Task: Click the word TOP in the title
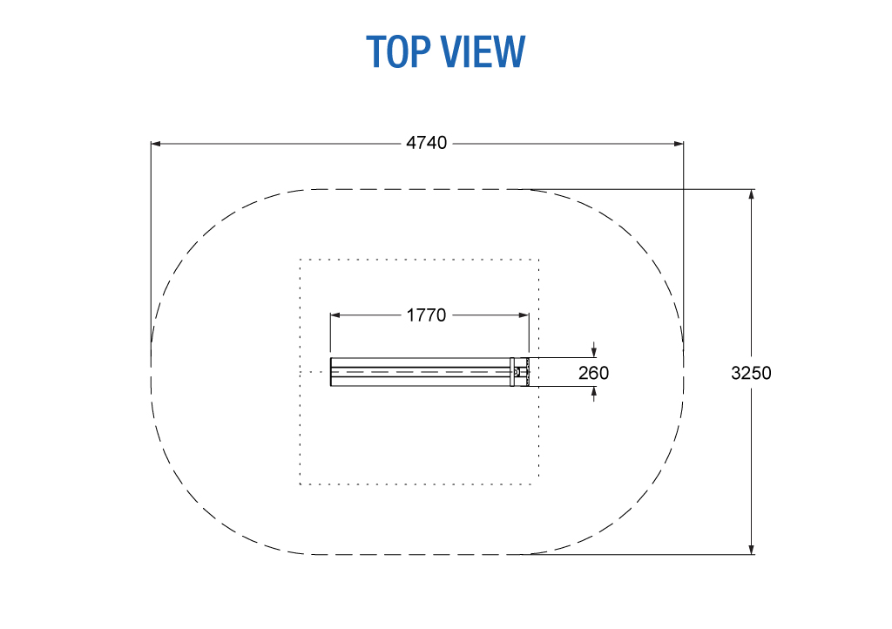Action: pyautogui.click(x=398, y=51)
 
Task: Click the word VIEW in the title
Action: pyautogui.click(x=483, y=51)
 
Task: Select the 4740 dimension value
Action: pyautogui.click(x=427, y=143)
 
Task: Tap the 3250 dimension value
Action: pyautogui.click(x=751, y=373)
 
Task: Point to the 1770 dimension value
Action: pyautogui.click(x=427, y=315)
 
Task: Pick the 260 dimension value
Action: pyautogui.click(x=593, y=373)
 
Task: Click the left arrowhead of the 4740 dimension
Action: pyautogui.click(x=156, y=144)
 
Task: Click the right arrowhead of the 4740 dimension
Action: pyautogui.click(x=679, y=144)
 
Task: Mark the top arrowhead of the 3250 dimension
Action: pyautogui.click(x=752, y=194)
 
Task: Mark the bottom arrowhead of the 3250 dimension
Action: pyautogui.click(x=752, y=550)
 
